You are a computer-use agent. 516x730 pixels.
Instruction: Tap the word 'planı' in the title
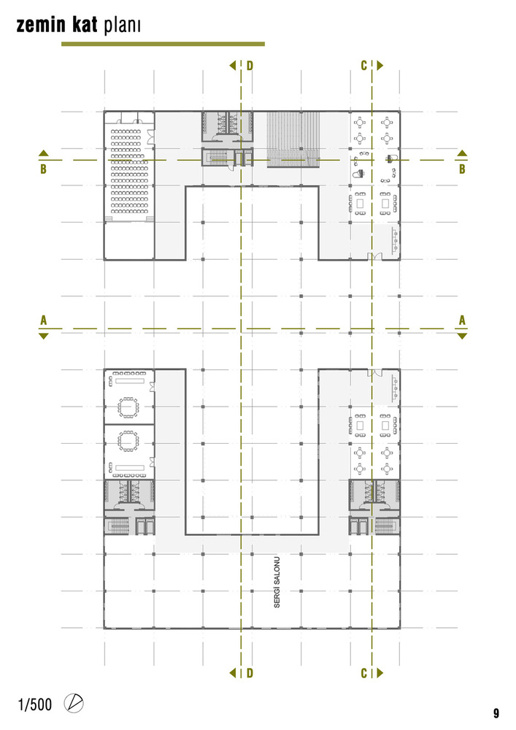point(122,26)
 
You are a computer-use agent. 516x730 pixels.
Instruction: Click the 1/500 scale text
point(35,704)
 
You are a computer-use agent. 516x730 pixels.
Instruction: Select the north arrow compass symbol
point(74,703)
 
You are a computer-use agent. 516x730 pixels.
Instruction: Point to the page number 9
point(496,712)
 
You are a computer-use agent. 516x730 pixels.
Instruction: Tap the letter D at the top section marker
point(250,66)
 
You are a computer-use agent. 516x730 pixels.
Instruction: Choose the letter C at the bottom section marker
point(364,673)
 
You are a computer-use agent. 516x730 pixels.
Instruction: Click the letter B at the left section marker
point(43,169)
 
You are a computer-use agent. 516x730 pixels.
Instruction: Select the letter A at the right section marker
point(462,320)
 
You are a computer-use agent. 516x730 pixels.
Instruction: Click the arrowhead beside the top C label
point(380,66)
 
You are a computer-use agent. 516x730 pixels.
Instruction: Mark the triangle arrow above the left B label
point(43,153)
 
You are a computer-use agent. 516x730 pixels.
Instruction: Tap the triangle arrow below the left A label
point(43,336)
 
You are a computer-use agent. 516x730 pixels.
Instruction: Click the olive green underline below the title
point(163,45)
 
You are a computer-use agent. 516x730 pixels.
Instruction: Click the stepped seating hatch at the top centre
point(293,139)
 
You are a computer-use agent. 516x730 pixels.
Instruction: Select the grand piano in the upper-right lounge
point(358,174)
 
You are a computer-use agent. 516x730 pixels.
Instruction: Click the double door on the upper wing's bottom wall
point(374,256)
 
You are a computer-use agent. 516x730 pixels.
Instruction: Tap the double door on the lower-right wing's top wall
point(374,373)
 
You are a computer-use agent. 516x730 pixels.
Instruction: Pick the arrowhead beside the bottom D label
point(233,673)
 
